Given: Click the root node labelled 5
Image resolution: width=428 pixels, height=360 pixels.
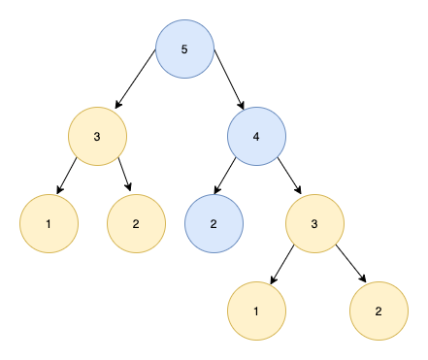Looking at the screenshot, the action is (x=184, y=49).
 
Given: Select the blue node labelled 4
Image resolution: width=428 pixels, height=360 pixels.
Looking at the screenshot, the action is (x=256, y=136).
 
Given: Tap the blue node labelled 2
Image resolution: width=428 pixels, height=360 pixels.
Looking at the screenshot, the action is (x=214, y=223).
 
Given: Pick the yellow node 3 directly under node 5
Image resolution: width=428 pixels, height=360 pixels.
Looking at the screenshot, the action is (x=97, y=136).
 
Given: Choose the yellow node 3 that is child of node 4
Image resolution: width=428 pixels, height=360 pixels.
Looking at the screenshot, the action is (x=314, y=223).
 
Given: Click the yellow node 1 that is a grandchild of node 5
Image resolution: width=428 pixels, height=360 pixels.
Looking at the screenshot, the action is (x=49, y=223).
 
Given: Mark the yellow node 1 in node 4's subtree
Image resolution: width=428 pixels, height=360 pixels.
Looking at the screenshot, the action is (x=256, y=311).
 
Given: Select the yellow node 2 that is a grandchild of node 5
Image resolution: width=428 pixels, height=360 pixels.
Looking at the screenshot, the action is (x=136, y=223).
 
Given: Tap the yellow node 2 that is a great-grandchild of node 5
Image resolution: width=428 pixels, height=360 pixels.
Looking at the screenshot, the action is (x=379, y=311).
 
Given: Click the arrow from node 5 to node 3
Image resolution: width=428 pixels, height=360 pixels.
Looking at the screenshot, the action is (x=135, y=79).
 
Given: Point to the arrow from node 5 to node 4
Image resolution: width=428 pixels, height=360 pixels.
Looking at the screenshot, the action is (x=229, y=80).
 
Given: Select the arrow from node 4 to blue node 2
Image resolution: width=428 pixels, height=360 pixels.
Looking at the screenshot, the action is (x=225, y=176).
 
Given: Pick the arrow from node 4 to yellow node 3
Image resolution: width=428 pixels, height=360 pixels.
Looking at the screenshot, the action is (x=289, y=176).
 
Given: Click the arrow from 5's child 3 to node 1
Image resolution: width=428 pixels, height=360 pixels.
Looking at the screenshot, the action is (x=67, y=176).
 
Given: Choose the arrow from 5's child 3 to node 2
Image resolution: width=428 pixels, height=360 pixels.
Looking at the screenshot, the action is (x=124, y=174).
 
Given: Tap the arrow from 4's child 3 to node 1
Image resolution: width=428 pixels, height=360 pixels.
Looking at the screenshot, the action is (x=282, y=265).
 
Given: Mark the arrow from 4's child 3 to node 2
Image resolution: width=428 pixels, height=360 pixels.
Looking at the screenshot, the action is (x=350, y=264).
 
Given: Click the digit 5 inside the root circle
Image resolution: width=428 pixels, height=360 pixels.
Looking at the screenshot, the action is (x=184, y=49).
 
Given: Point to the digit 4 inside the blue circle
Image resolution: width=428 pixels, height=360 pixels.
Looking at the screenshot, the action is (x=256, y=137).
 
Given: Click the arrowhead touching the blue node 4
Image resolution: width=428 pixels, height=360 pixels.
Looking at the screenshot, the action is (x=241, y=105).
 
